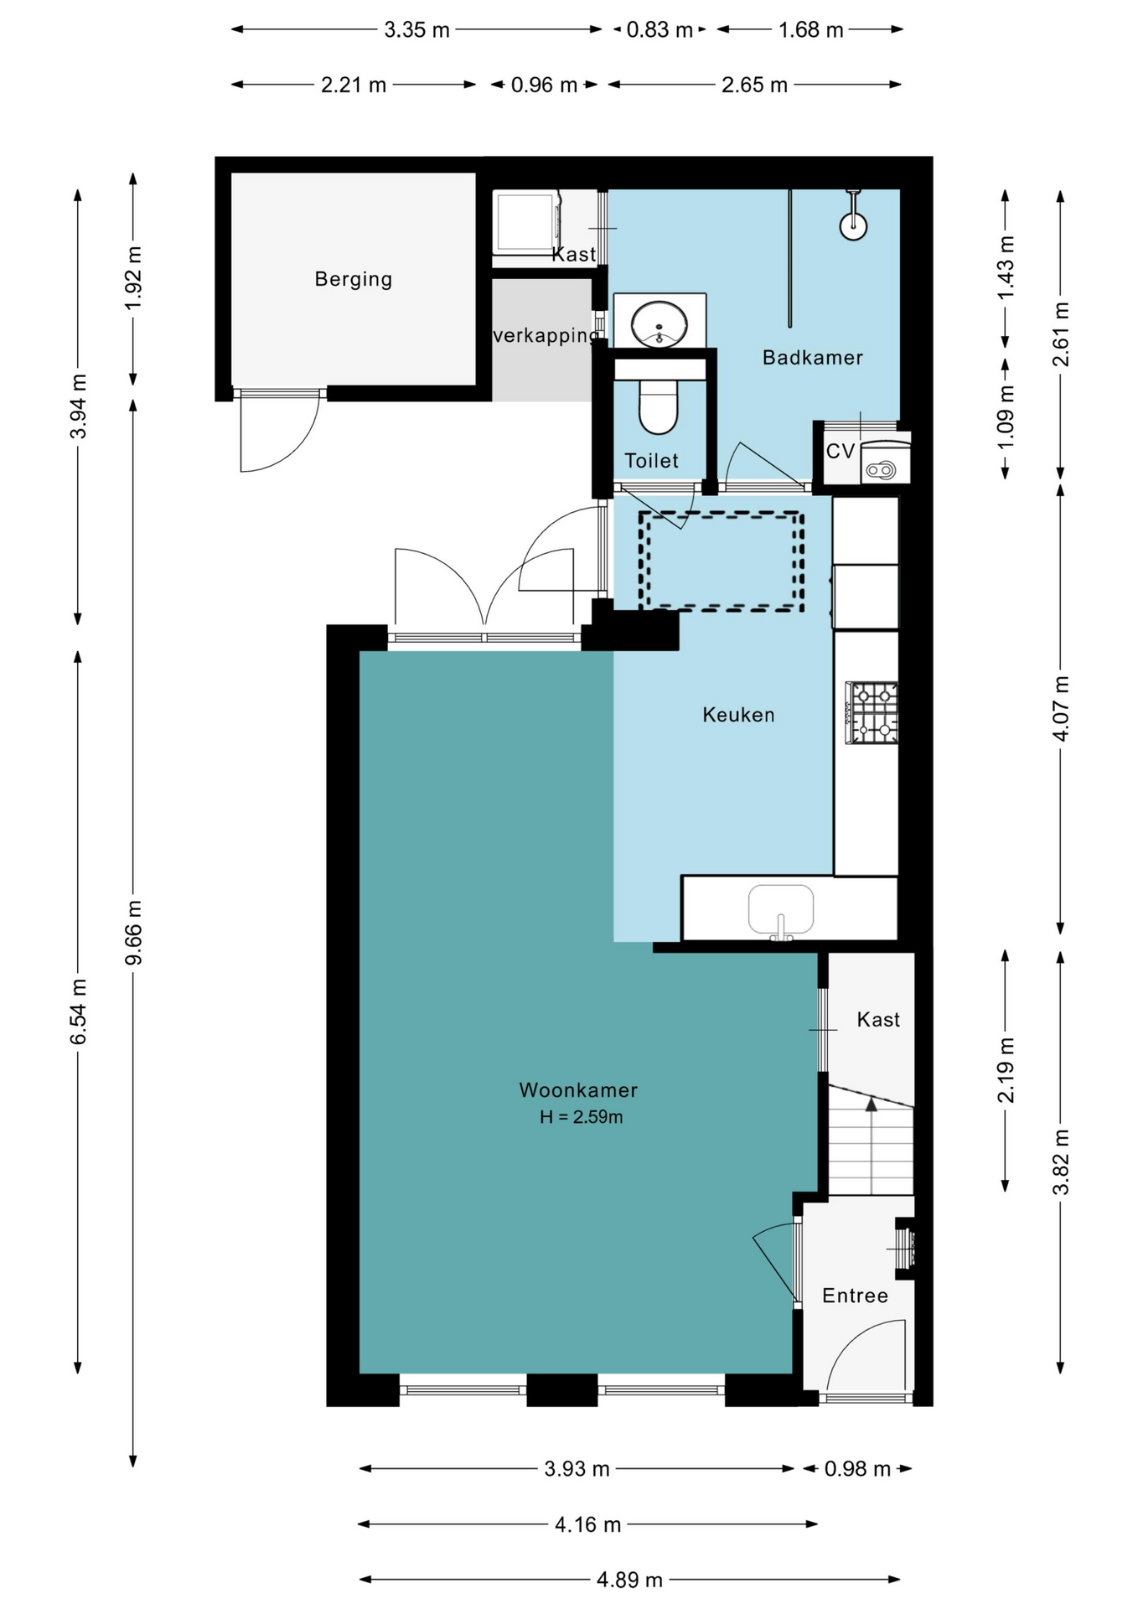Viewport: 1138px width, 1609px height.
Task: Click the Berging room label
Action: coord(353,279)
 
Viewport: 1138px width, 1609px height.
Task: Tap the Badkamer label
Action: coord(812,358)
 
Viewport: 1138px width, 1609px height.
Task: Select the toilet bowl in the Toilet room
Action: coord(659,406)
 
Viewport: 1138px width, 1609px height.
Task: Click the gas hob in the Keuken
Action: coord(872,713)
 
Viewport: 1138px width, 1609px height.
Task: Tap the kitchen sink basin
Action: coord(781,910)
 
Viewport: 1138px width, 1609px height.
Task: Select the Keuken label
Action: coord(738,715)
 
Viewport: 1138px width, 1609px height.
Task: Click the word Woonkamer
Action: coord(578,1090)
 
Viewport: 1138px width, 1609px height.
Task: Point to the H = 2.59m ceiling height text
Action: coord(581,1117)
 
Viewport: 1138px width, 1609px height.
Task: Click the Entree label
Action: coord(855,1296)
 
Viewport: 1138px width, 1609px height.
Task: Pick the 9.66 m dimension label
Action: coord(133,933)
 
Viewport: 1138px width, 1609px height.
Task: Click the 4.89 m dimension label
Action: coord(629,1580)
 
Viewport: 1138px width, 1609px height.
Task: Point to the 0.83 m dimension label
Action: coord(660,30)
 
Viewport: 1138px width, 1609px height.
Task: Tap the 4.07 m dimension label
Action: coord(1060,708)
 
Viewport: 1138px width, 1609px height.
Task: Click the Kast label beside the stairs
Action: coord(878,1020)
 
